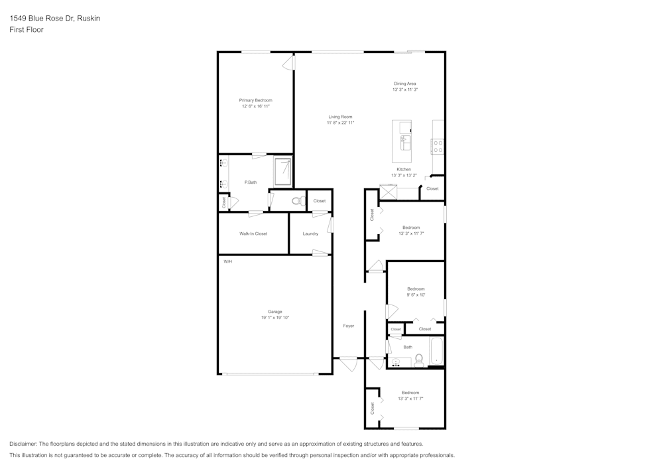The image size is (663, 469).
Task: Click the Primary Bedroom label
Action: coord(256,100)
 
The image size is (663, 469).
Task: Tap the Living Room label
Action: coord(340,117)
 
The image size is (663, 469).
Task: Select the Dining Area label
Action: coord(404,84)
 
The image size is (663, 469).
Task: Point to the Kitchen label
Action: coord(404,169)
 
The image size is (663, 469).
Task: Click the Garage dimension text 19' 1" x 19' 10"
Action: coord(274,318)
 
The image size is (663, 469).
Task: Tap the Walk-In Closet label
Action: coord(253,234)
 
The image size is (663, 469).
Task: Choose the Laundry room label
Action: coord(310,234)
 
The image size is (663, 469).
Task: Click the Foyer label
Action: coord(348,326)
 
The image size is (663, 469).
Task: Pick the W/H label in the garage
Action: coord(227,261)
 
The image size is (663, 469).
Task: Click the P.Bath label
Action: coord(251,182)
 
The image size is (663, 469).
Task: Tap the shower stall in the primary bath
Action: coord(283,171)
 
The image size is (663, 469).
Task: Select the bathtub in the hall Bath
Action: coord(436,352)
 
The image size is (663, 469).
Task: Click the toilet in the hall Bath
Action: coord(419,361)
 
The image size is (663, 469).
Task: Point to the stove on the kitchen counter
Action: coord(438,146)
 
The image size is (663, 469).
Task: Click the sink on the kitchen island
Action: coord(404,141)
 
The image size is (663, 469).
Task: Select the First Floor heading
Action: coord(26,30)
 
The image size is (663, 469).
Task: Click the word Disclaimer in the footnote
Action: coord(23,444)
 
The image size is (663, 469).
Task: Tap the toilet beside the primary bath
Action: coord(298,200)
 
